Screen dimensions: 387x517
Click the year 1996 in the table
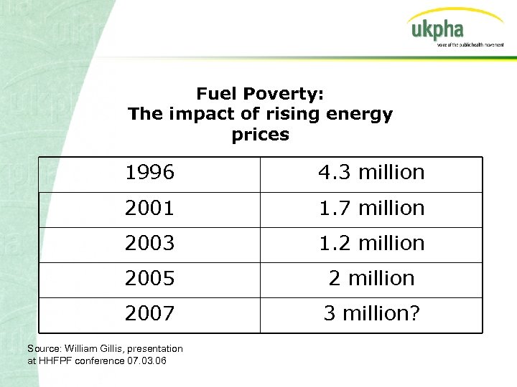coord(149,173)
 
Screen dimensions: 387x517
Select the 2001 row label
coord(149,209)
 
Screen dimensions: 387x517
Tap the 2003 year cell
coord(149,244)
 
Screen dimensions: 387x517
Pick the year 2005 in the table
coord(149,279)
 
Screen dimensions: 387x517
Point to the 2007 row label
coord(149,314)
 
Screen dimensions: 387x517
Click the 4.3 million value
coord(372,173)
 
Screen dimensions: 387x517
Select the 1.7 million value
coord(372,209)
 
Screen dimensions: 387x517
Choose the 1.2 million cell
coord(372,244)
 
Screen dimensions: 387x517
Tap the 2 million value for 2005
coord(372,279)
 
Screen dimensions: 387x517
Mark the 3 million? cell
coord(372,314)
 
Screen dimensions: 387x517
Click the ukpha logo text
coord(437,30)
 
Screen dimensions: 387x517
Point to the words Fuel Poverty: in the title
coord(261,94)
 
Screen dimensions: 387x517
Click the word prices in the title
coord(261,135)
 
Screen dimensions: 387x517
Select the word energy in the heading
coord(360,115)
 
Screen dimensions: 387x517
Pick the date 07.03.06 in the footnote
coord(145,360)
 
